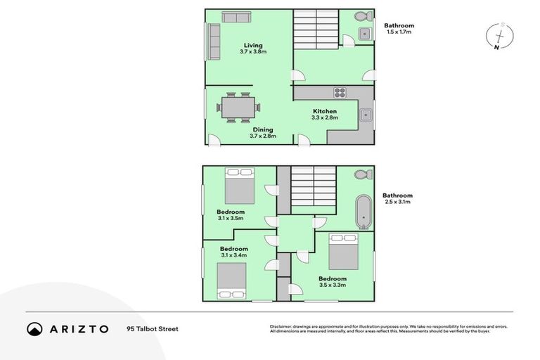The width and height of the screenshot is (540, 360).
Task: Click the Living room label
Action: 252,49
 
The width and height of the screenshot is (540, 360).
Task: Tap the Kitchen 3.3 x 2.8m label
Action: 324,114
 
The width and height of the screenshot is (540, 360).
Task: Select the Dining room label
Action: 262,132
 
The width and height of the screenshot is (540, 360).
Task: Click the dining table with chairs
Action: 238,108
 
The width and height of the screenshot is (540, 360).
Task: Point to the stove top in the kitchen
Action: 339,92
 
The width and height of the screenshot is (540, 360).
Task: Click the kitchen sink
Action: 365,116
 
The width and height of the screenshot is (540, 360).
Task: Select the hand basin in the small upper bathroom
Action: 364,34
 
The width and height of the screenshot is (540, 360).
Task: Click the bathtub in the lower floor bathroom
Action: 363,212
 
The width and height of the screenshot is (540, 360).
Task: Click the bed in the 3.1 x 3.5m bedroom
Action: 239,185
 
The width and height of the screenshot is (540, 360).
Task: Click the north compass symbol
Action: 498,37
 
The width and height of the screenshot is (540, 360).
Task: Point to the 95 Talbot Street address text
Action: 153,328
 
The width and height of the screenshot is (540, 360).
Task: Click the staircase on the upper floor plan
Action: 316,29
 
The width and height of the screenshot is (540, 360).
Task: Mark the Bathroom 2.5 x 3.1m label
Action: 397,198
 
